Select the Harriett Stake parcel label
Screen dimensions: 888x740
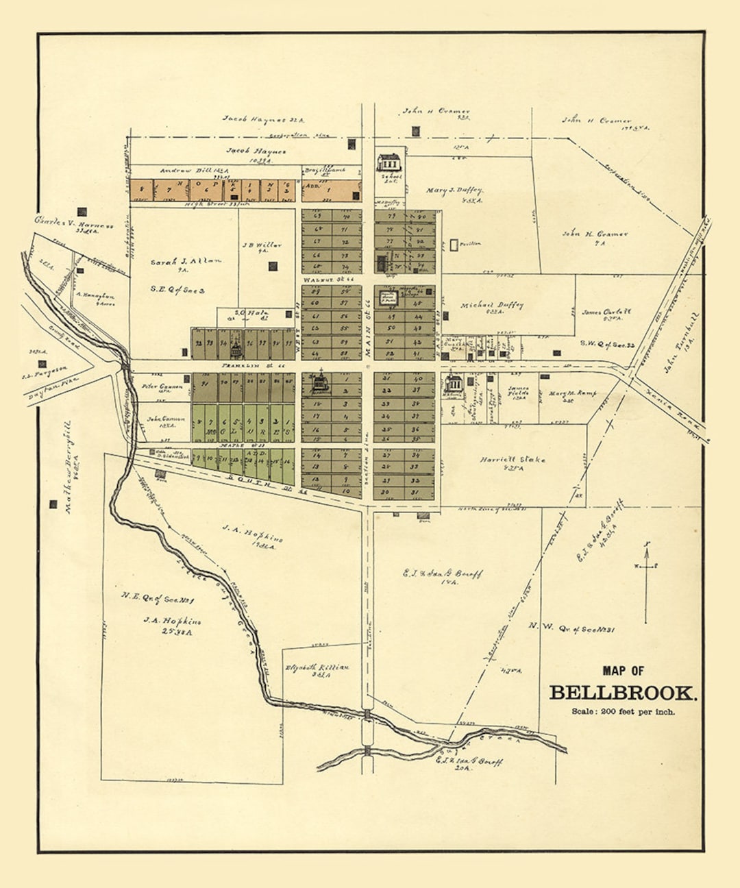tap(513, 460)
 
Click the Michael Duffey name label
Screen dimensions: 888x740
tap(492, 306)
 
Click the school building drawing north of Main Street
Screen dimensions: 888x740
tap(388, 162)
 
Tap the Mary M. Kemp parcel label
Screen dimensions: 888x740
tap(572, 394)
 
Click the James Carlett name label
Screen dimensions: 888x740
tap(606, 312)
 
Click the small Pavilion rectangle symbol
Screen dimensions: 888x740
tap(454, 244)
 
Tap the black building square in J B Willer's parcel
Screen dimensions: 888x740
tap(273, 266)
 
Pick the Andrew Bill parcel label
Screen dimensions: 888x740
tap(185, 171)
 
